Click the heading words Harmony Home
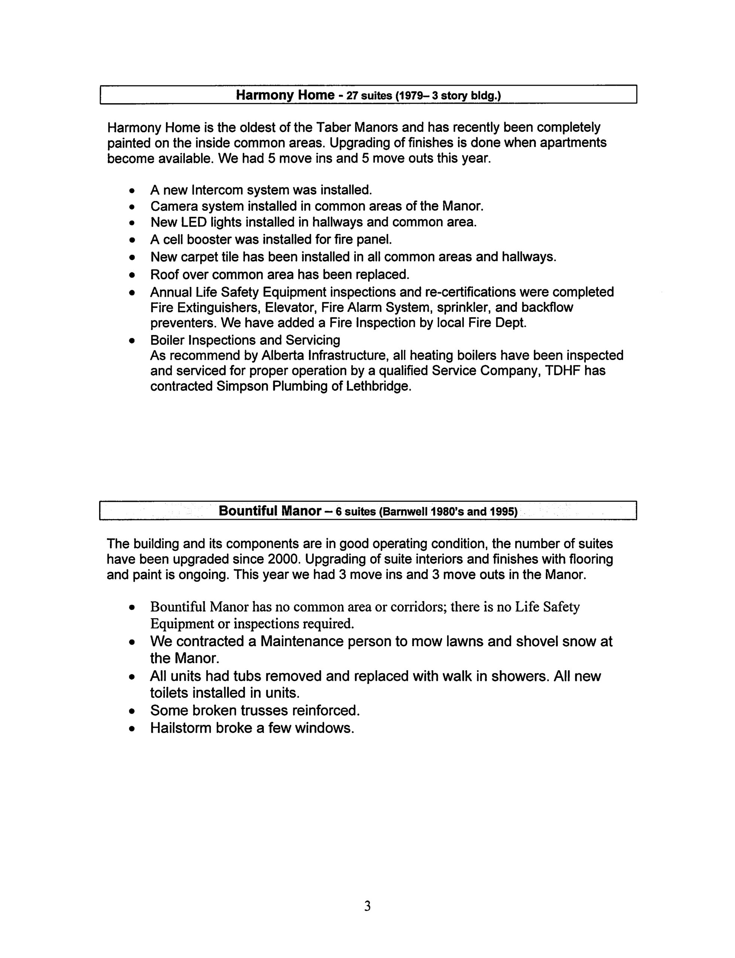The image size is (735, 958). pos(285,95)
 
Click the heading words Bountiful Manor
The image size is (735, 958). pos(270,511)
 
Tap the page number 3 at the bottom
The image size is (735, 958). pos(368,906)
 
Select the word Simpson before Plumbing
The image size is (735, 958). pos(242,387)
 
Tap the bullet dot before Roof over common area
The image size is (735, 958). pos(132,275)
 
